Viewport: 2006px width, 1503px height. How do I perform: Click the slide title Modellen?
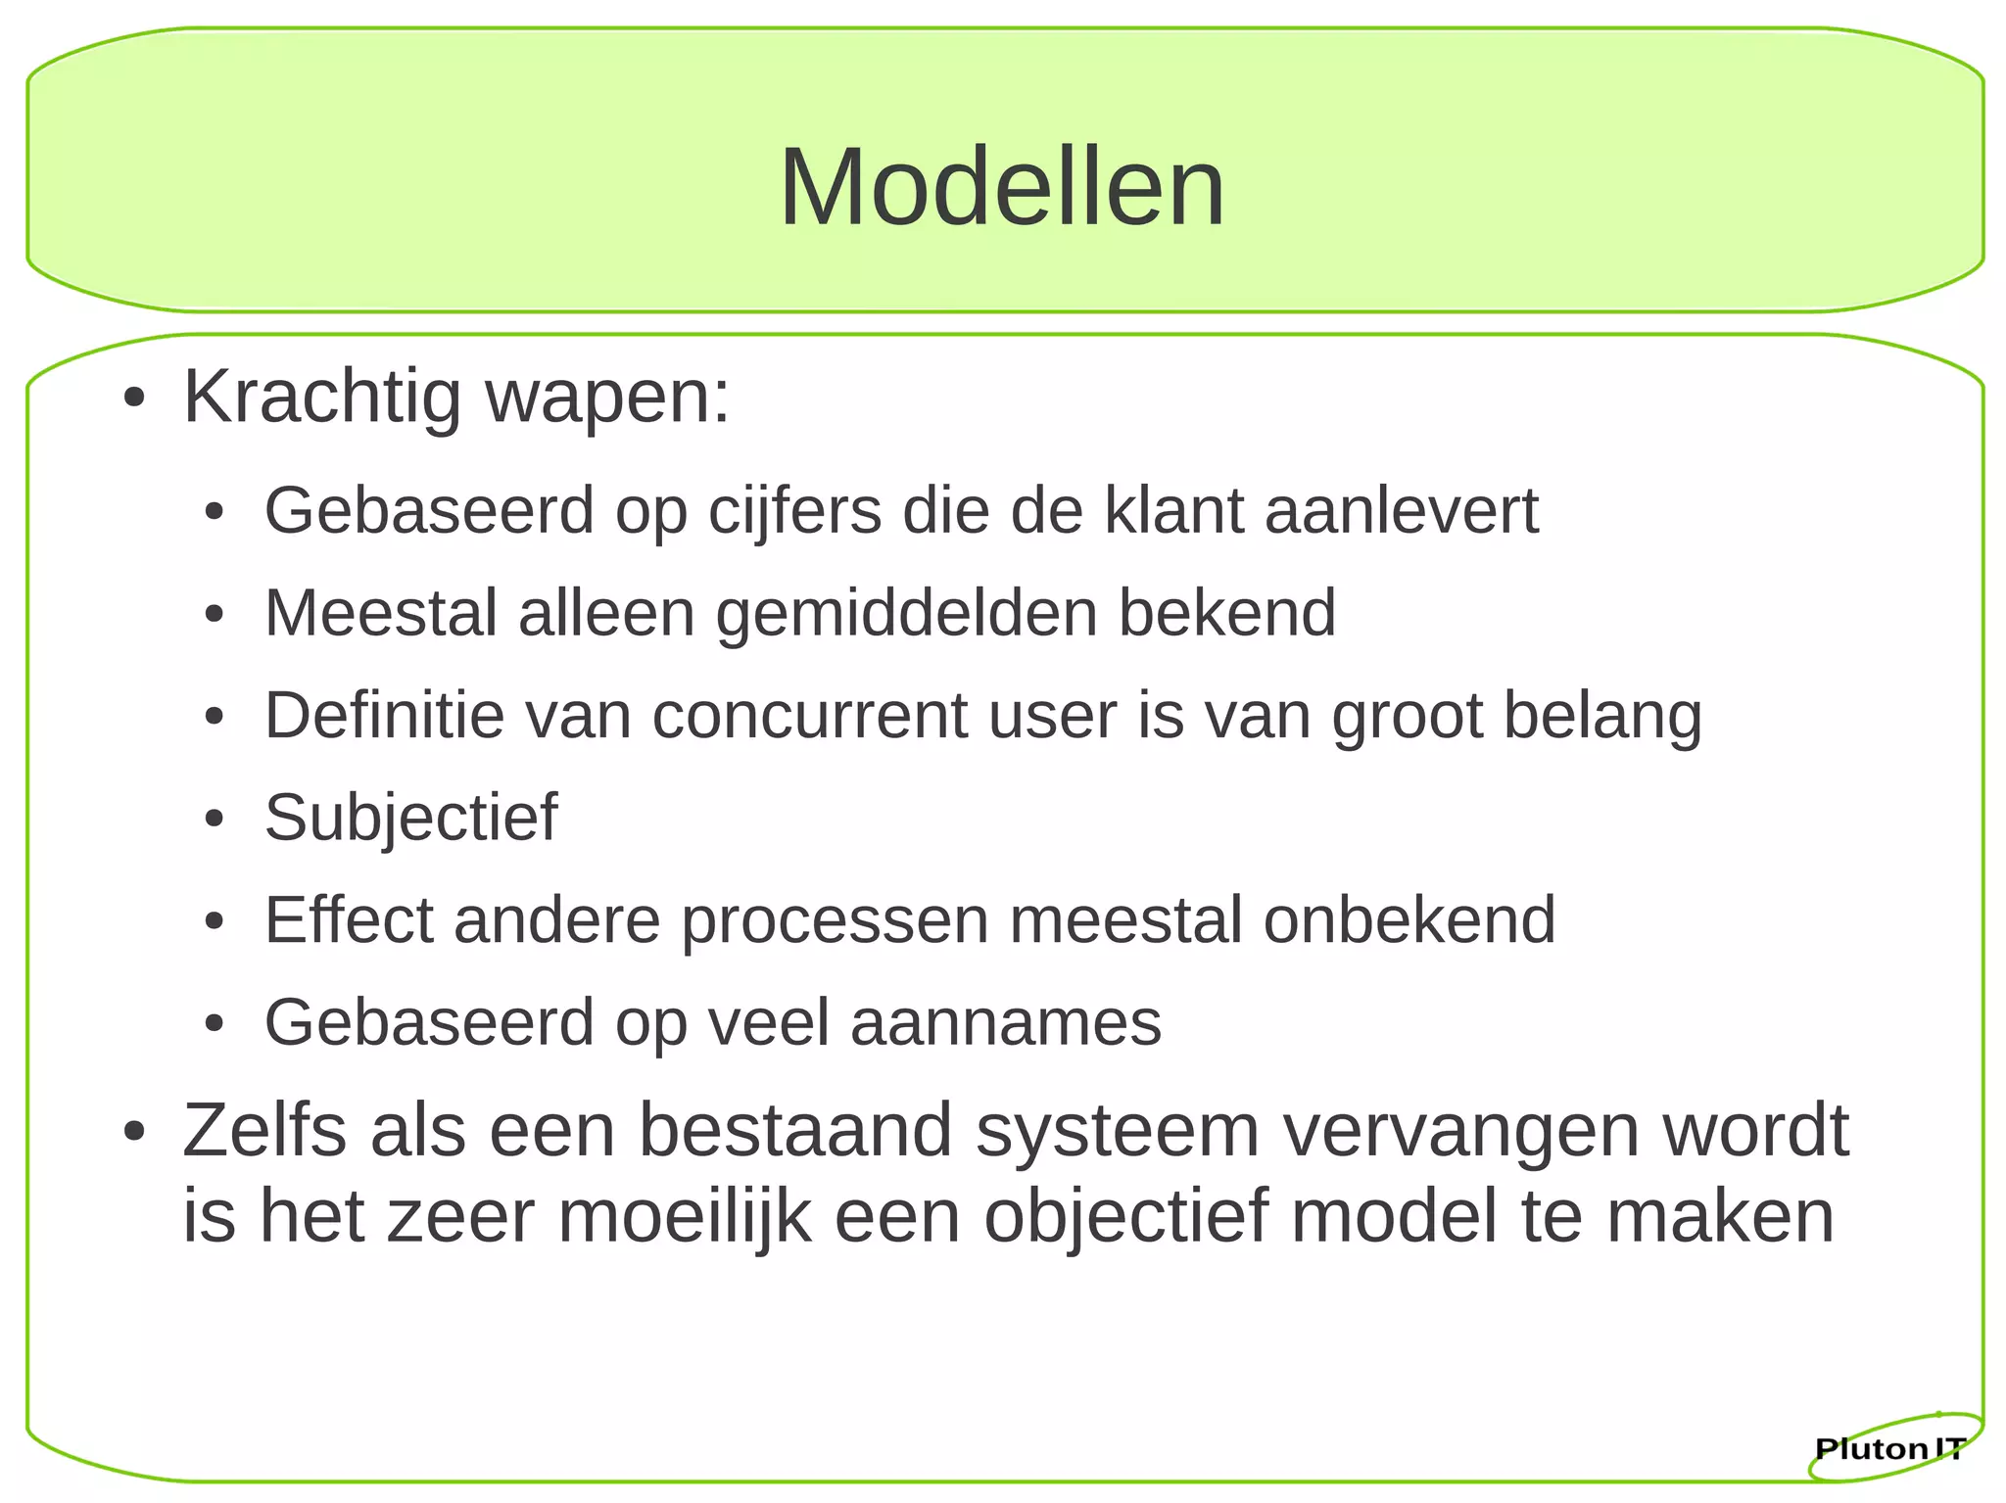click(1001, 187)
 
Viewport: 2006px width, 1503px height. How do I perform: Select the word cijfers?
click(794, 511)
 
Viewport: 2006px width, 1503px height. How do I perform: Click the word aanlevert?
click(1401, 511)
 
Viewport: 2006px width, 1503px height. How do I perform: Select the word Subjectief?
click(410, 819)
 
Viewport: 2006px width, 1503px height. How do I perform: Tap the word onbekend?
click(1409, 920)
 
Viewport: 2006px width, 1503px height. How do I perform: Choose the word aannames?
click(1005, 1023)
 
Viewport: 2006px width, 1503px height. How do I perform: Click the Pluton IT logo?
click(1889, 1448)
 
